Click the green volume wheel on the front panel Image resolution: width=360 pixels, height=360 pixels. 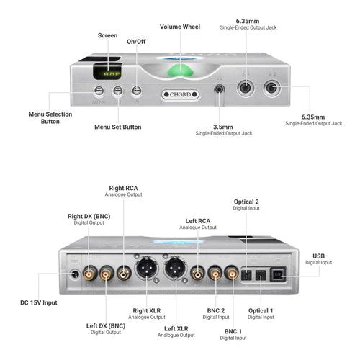[180, 71]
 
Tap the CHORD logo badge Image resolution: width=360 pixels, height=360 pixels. [180, 94]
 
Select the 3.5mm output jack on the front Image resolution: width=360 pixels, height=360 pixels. [219, 89]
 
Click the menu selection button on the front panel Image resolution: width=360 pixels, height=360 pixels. [99, 91]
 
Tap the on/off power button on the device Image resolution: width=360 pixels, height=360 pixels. [137, 91]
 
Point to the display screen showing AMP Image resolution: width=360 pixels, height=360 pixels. [107, 72]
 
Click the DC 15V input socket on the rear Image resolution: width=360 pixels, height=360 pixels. [75, 274]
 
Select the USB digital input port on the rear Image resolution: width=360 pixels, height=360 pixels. [278, 274]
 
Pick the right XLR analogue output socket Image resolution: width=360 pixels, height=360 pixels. [146, 268]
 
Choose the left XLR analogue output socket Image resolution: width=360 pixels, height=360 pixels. [174, 268]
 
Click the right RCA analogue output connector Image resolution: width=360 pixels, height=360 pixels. [124, 274]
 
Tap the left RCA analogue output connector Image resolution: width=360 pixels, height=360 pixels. [197, 274]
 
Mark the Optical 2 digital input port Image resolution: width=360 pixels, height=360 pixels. [246, 275]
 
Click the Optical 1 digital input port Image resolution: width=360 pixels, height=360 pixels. [261, 275]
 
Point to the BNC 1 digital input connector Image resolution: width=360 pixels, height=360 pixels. [233, 274]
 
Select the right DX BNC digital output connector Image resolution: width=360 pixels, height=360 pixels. [89, 274]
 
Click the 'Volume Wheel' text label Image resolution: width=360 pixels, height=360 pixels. [180, 27]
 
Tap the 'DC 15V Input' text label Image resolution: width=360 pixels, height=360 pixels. [39, 302]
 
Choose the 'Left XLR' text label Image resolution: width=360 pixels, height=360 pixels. [176, 328]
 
